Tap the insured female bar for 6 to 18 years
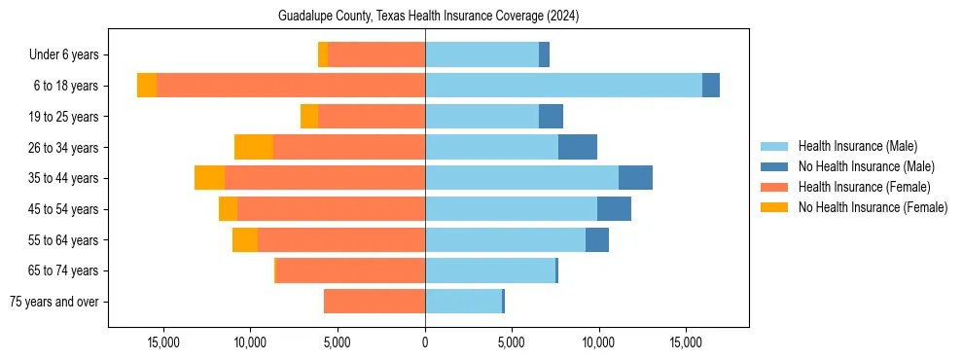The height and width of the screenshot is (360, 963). tap(290, 86)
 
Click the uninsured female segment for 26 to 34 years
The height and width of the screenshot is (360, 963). tap(254, 147)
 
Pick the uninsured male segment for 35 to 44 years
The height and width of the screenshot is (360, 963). tap(635, 178)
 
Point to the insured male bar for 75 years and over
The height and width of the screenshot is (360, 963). tap(463, 302)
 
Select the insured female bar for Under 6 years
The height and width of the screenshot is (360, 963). tap(375, 54)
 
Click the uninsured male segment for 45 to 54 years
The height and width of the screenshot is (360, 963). tap(614, 209)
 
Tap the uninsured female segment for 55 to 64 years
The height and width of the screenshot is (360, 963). tap(245, 240)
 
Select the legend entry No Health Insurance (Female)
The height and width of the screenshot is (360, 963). tap(873, 207)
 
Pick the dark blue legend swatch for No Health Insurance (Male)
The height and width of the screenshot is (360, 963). tap(774, 166)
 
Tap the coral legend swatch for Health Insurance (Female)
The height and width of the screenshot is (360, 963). tap(774, 187)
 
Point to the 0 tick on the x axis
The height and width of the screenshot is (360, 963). tap(425, 342)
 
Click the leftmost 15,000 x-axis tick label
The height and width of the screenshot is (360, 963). tap(162, 342)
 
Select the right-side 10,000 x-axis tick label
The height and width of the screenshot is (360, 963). tap(598, 342)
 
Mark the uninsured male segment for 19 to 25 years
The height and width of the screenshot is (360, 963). tap(551, 117)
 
